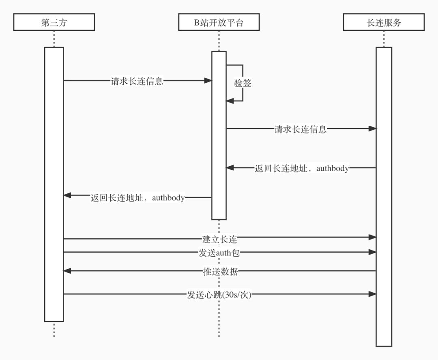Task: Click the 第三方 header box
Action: click(54, 22)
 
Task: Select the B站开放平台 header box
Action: click(219, 22)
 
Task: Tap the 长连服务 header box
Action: click(383, 22)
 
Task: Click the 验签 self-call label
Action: click(243, 83)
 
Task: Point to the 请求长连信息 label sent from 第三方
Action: click(137, 81)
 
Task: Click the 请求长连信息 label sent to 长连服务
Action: click(301, 129)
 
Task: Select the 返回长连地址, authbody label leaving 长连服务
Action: click(302, 168)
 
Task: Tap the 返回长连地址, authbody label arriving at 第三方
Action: click(137, 198)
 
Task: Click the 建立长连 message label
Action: click(219, 239)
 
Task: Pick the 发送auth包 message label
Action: click(219, 252)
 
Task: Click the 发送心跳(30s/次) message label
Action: click(219, 295)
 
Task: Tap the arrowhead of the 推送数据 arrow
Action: click(67, 271)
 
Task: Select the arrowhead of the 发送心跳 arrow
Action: click(373, 294)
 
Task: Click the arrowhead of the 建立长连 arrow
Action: click(373, 237)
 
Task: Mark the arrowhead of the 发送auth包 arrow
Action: click(373, 252)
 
